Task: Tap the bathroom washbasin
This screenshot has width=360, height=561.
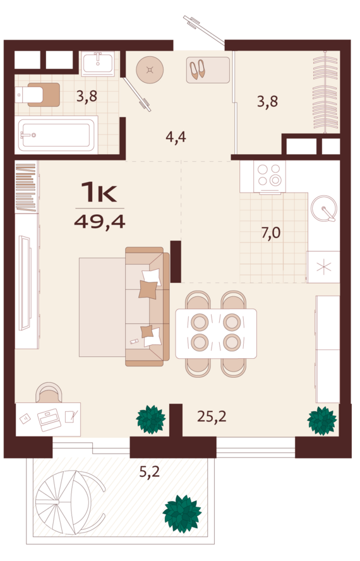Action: [98, 64]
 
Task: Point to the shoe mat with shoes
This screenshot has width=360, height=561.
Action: [207, 69]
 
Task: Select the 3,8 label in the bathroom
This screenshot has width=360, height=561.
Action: [87, 97]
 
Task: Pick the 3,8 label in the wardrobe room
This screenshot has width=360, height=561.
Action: [267, 101]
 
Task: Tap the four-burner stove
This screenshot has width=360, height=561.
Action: [270, 176]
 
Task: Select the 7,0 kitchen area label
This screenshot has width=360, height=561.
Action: [271, 233]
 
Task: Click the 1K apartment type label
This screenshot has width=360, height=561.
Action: [100, 192]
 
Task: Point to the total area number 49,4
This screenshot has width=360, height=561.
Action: [100, 221]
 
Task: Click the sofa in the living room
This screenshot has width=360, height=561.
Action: [147, 306]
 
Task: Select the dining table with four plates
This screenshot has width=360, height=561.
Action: [215, 332]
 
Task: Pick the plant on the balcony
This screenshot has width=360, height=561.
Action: [182, 514]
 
